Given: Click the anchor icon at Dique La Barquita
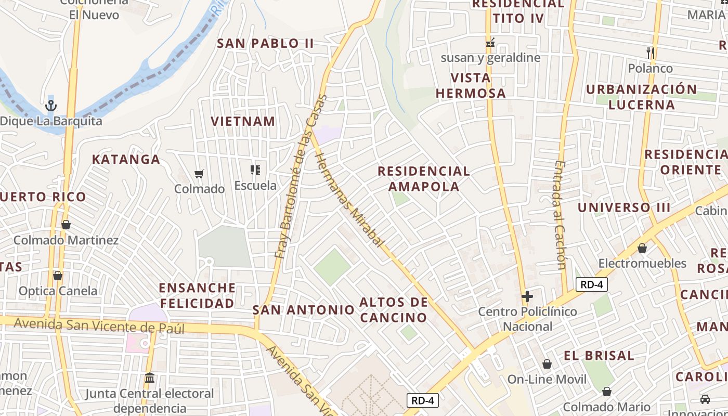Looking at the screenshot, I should (50, 106).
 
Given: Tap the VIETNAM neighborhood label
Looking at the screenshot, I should (243, 122).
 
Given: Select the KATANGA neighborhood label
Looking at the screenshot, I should (126, 160).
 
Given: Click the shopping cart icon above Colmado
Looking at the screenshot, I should (199, 174).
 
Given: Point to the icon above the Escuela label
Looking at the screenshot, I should (255, 170).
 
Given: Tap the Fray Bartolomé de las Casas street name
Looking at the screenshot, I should (301, 177).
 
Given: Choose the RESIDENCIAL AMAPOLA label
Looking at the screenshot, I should (424, 178).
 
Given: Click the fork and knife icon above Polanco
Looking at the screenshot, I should (650, 53).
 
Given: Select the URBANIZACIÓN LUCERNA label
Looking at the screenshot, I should (642, 97).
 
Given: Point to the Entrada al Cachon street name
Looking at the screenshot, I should (560, 214).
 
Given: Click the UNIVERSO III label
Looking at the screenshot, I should (624, 207).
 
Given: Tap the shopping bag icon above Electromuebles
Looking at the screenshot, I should (642, 248).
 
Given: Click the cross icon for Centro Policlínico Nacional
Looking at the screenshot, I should (527, 296).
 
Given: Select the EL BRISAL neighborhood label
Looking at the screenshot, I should (599, 356).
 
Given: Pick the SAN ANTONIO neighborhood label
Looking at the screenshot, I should (303, 310).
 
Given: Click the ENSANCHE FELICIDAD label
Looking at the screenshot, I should (197, 295).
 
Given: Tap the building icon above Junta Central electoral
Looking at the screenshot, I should (150, 377).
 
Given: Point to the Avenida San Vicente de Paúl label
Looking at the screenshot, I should (99, 326).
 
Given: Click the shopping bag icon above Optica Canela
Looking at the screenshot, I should (58, 275).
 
